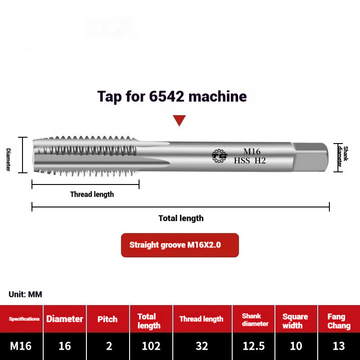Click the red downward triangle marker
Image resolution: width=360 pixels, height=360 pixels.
180,120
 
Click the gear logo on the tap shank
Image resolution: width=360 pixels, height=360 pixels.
220,156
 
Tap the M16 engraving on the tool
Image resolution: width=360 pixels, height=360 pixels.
252,152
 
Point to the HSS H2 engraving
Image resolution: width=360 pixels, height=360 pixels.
250,160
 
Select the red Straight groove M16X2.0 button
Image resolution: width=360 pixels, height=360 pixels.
180,245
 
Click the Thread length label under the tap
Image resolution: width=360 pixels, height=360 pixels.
92,194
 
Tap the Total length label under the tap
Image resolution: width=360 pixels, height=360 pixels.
181,218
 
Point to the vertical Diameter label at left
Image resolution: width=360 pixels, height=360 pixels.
9,159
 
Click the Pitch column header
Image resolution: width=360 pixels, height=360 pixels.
108,319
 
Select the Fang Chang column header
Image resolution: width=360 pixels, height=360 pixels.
339,321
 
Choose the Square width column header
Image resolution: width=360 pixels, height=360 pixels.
295,321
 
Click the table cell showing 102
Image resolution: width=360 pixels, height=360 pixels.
151,346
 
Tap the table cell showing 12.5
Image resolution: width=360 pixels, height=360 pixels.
254,346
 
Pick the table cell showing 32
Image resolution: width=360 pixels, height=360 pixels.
202,346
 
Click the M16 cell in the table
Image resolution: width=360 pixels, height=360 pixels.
21,346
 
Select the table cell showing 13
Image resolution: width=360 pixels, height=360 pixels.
338,346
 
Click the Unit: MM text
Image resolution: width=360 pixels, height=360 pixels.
25,294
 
